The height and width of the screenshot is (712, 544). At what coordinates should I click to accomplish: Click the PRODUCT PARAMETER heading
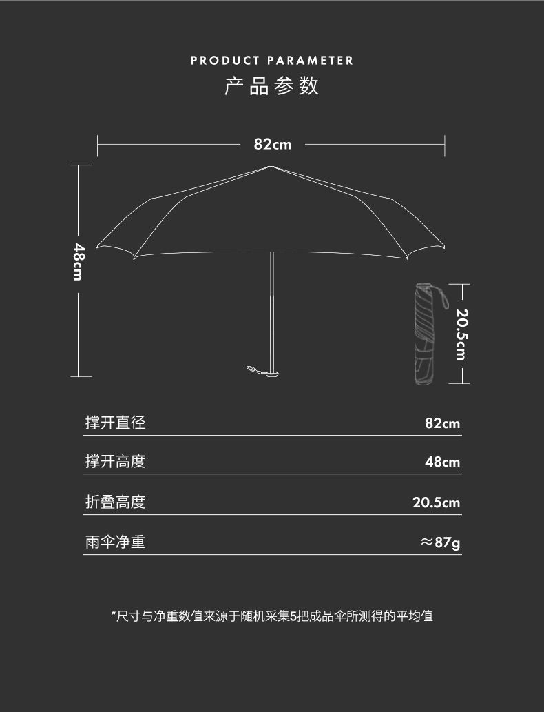pos(272,61)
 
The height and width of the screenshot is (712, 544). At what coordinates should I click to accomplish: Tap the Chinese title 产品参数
pos(272,87)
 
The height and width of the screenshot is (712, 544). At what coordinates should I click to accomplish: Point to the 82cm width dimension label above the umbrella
pos(273,144)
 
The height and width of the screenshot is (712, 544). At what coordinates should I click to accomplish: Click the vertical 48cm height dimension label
pos(79,261)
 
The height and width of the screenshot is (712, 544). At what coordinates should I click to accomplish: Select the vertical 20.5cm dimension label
pos(461,334)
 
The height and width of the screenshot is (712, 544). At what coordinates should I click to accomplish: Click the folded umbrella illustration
pos(426,334)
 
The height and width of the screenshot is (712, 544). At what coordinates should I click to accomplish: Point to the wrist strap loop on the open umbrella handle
pos(256,371)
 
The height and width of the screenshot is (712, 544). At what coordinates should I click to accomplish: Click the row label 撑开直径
pos(115,423)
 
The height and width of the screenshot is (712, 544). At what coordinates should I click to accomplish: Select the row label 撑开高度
pos(115,461)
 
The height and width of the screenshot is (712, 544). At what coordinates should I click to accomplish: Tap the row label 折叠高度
pos(115,502)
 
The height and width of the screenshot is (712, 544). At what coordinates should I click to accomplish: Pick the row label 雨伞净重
pos(115,542)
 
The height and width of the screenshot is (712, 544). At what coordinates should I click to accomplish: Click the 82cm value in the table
pos(442,423)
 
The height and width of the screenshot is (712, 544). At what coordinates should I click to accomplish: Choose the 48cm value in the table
pos(442,462)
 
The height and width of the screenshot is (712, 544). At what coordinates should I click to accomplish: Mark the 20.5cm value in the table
pos(436,502)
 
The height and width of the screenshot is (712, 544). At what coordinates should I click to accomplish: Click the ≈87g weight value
pos(440,543)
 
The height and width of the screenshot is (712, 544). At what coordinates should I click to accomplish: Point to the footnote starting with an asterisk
pos(272,616)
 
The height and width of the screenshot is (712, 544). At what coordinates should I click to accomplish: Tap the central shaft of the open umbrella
pos(273,289)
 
